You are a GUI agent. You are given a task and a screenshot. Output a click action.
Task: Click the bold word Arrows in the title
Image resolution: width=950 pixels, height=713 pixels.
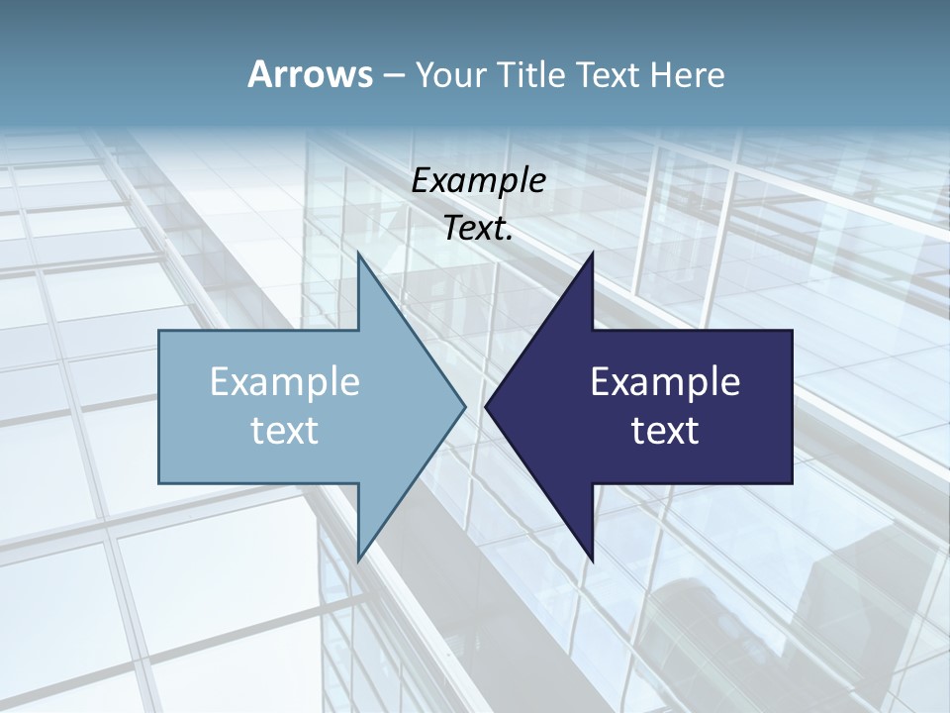click(310, 74)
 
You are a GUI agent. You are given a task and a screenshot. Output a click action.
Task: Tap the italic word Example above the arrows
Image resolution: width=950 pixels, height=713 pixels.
click(479, 180)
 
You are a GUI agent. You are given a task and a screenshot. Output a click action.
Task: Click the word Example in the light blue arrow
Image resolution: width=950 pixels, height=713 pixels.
click(285, 381)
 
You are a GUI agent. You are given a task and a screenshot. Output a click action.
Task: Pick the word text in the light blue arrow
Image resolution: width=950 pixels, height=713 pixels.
click(285, 431)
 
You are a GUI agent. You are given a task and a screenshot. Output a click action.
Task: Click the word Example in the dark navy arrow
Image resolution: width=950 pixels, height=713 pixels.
click(665, 381)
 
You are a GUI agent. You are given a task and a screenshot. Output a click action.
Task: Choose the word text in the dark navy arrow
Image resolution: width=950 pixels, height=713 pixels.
click(665, 431)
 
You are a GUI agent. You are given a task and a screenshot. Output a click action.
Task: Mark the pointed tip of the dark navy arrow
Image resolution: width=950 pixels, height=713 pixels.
click(488, 405)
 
